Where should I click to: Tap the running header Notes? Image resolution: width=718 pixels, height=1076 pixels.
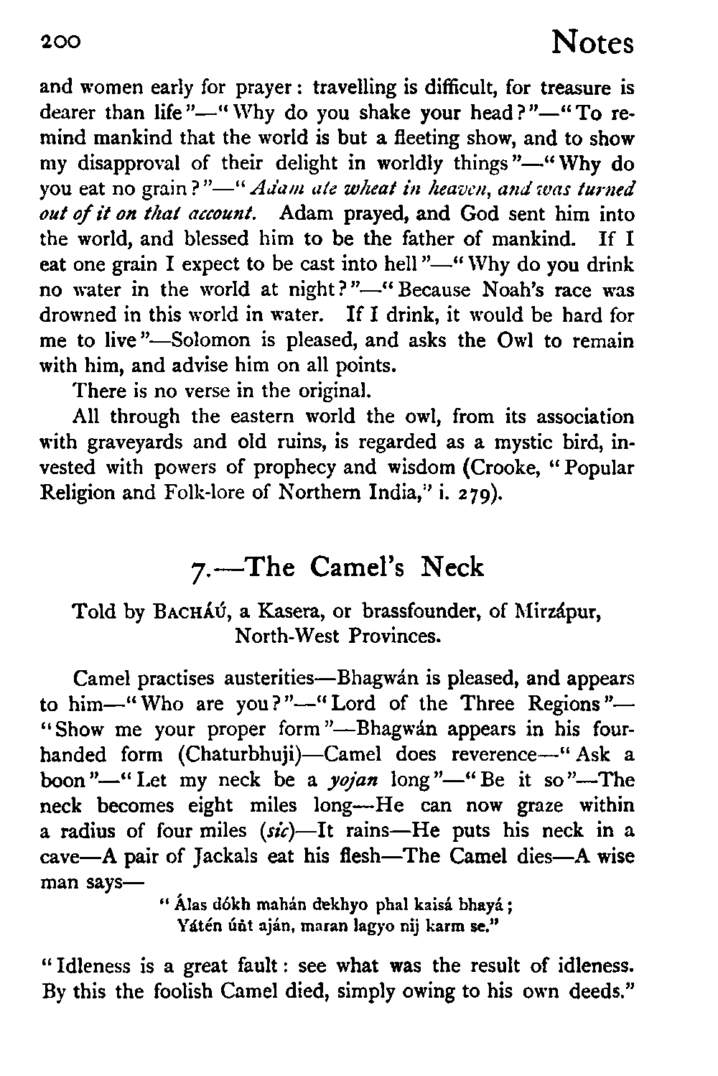pos(592,43)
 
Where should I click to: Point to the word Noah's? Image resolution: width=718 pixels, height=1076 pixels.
pos(513,289)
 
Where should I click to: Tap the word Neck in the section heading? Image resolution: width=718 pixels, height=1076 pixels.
pos(453,567)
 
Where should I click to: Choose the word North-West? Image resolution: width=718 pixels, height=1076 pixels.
pos(287,637)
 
